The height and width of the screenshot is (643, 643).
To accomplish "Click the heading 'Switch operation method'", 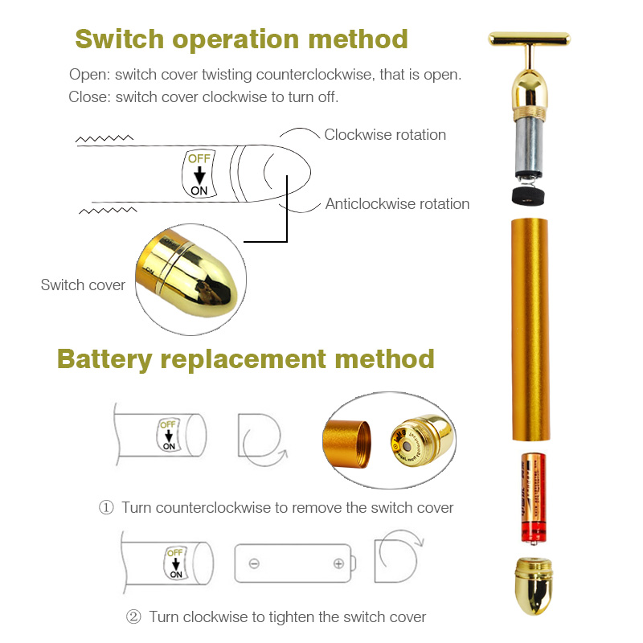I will click(241, 39).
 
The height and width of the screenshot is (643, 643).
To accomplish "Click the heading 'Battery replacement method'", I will click(245, 358).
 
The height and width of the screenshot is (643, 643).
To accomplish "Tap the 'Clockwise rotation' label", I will click(385, 135).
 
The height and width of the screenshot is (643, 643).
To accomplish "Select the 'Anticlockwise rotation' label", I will click(397, 204).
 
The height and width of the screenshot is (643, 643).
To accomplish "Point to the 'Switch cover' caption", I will click(83, 285).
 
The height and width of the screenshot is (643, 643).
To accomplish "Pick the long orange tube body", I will click(530, 330).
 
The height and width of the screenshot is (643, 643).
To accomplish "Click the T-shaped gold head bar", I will click(529, 38).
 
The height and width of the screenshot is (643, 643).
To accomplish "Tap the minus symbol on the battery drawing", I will click(254, 563).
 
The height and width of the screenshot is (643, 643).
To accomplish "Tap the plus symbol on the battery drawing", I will click(339, 563).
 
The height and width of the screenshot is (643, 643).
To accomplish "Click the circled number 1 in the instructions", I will click(106, 508).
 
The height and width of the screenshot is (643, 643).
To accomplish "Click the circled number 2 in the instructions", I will click(133, 617).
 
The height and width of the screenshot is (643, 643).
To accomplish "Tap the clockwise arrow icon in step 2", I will click(398, 555).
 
